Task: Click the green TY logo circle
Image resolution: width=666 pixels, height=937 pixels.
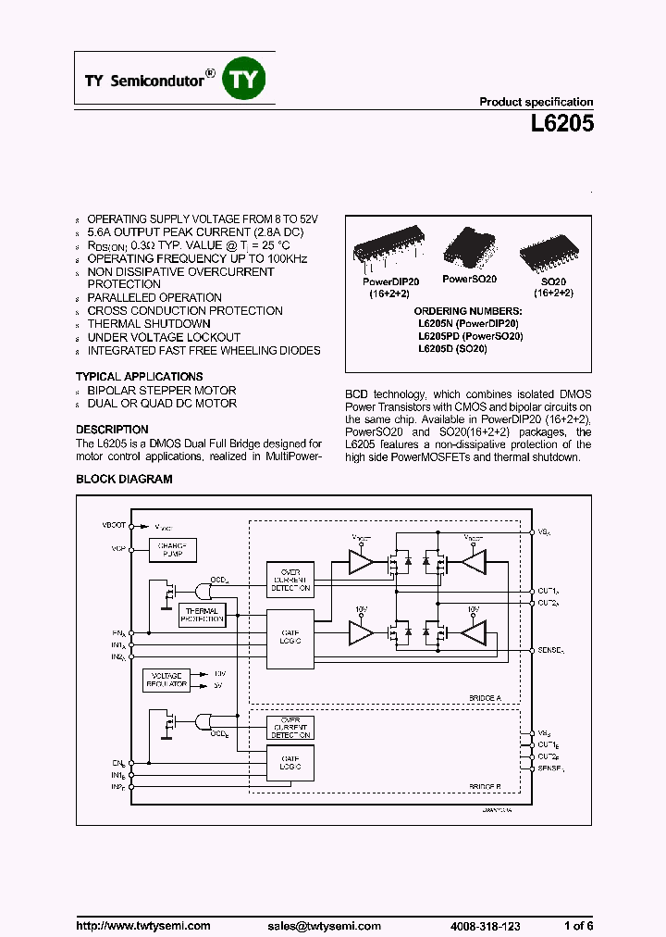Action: click(x=244, y=80)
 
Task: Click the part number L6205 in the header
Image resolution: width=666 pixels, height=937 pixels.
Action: click(x=558, y=123)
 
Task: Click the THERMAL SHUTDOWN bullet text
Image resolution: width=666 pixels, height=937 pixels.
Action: click(x=149, y=324)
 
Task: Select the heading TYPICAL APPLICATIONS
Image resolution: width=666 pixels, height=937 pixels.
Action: click(x=139, y=377)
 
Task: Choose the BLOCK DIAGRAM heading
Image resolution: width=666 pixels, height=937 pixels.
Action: click(x=124, y=479)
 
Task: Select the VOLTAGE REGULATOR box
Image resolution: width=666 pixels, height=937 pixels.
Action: click(x=166, y=680)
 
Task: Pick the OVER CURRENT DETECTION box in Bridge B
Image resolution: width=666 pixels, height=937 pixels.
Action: click(x=290, y=728)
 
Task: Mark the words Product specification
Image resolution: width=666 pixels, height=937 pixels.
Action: click(x=536, y=102)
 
